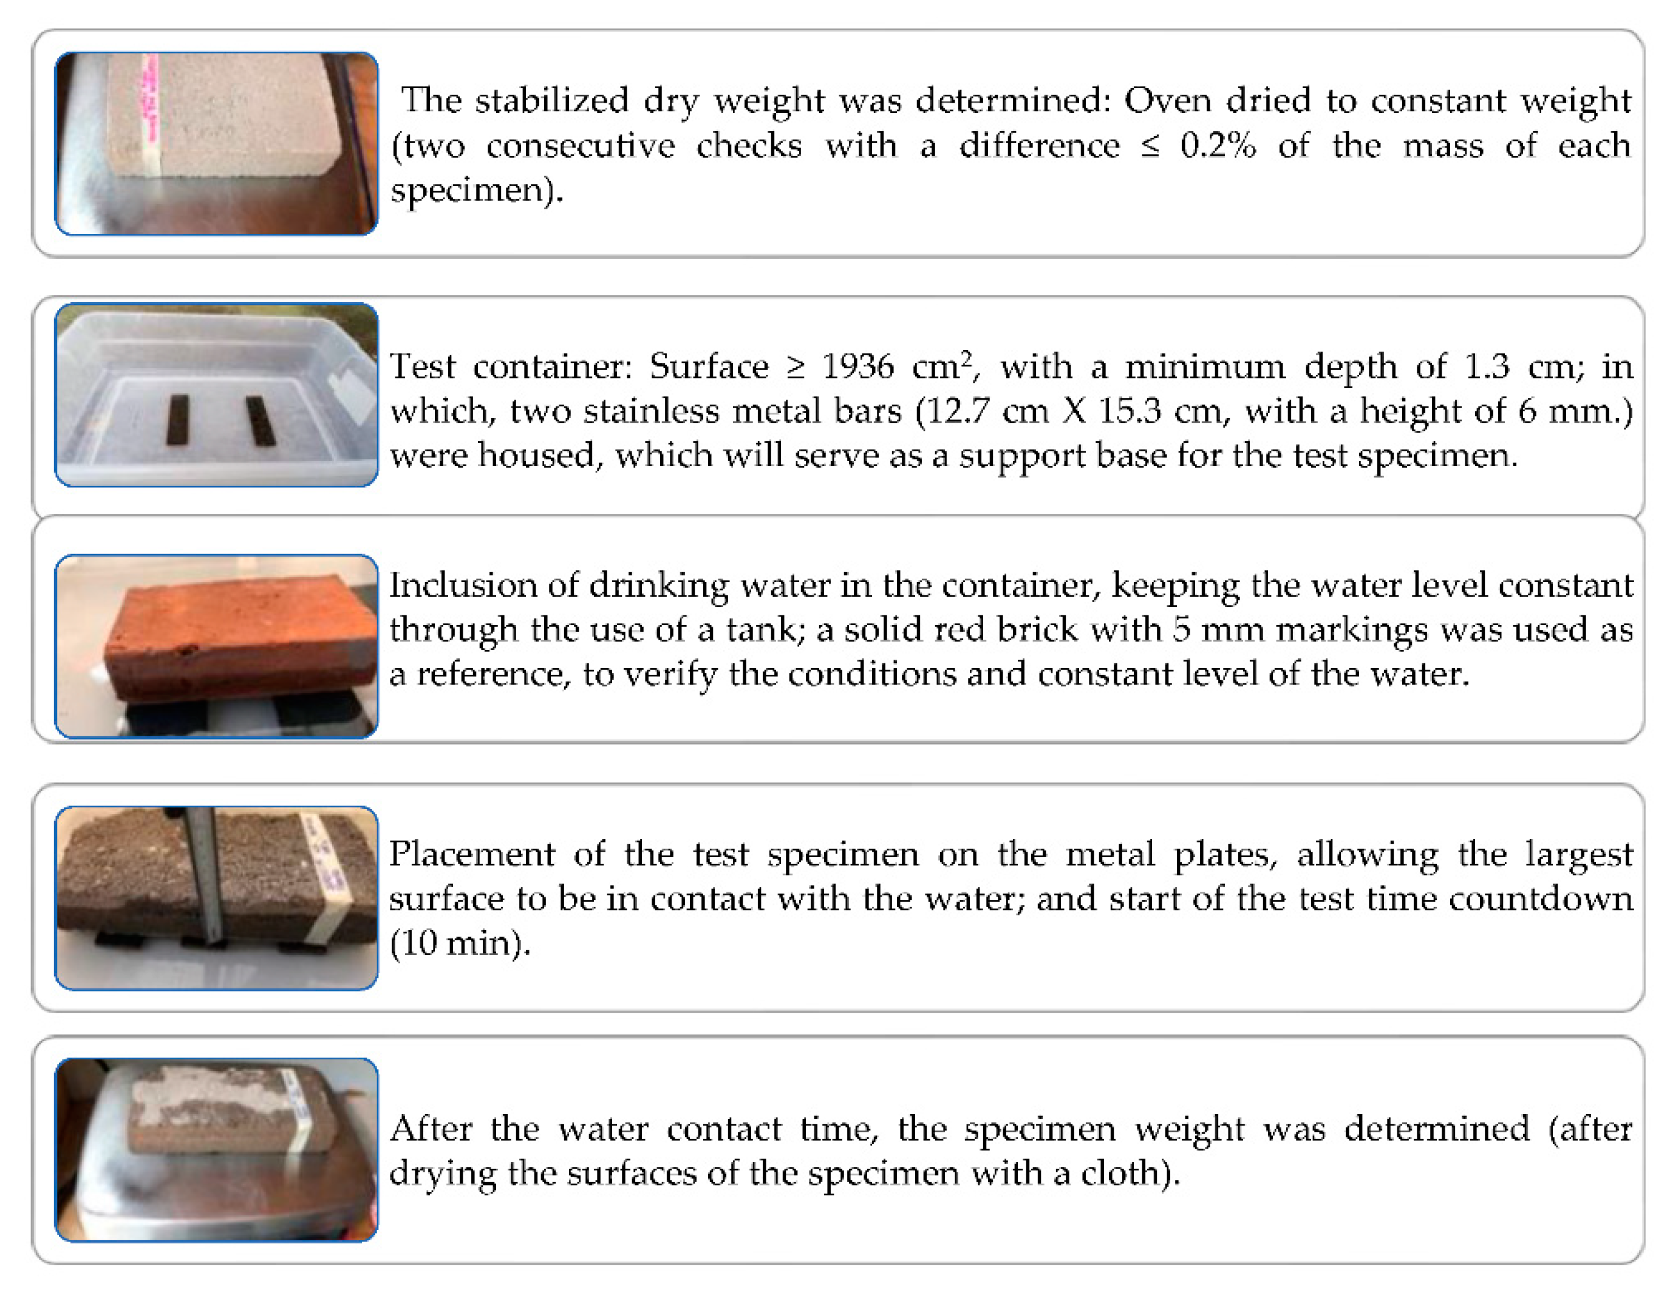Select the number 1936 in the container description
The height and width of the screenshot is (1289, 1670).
coord(857,367)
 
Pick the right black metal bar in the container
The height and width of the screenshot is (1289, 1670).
coord(260,421)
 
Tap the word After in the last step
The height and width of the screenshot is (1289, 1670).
coord(431,1129)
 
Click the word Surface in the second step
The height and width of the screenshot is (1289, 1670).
coord(708,367)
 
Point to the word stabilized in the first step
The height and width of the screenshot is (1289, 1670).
coord(551,100)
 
